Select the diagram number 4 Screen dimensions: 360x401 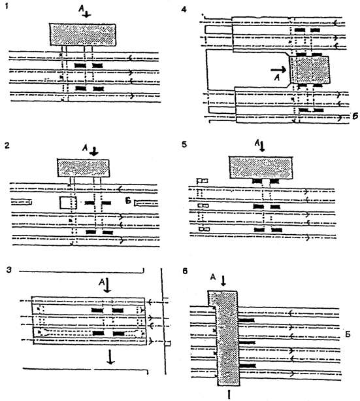[x=184, y=10]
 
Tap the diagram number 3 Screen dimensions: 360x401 [x=9, y=270]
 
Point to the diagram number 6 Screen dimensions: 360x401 [x=185, y=271]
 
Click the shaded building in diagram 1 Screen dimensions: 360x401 [x=82, y=35]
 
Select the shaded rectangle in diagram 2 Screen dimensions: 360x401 [x=83, y=168]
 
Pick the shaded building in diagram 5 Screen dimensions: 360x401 [x=261, y=167]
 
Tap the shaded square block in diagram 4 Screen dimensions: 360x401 [x=310, y=69]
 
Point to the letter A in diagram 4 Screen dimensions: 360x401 [x=277, y=77]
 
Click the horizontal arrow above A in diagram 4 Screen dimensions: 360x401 [x=278, y=69]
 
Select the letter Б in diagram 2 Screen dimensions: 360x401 [x=128, y=201]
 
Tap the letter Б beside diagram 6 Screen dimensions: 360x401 [x=348, y=334]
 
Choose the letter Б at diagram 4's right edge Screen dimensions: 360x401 [x=355, y=116]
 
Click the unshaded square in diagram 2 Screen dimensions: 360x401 [x=68, y=203]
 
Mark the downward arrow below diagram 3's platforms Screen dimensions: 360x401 [x=110, y=357]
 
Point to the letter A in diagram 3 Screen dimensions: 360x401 [x=102, y=282]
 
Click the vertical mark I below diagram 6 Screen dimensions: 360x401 [x=229, y=394]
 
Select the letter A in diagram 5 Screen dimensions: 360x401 [x=257, y=143]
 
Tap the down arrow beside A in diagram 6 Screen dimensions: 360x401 [x=223, y=281]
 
